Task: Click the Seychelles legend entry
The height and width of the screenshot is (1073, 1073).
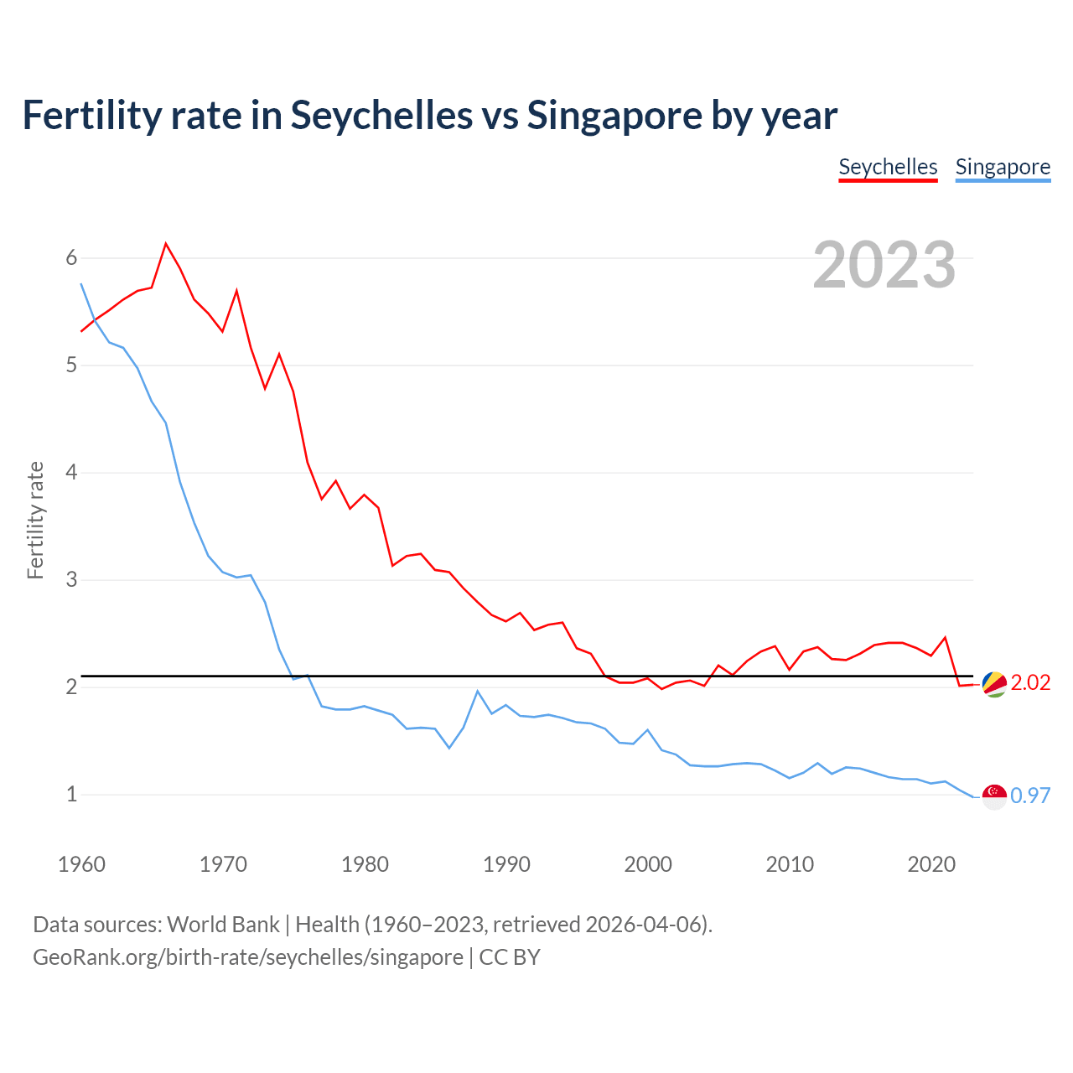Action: [888, 167]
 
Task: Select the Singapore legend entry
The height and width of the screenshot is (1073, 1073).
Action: [1003, 167]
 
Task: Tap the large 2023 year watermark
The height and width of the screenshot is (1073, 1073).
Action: [884, 265]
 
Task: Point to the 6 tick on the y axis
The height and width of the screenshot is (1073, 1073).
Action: [71, 258]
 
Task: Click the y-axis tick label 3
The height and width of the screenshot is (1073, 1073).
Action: [71, 580]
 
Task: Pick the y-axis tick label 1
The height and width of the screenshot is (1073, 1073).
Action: [71, 794]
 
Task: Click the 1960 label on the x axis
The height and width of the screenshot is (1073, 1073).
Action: [81, 864]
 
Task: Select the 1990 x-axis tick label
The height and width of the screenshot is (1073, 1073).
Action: [506, 864]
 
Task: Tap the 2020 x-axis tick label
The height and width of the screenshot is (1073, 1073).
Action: [931, 864]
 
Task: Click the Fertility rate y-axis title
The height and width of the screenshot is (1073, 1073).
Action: [35, 520]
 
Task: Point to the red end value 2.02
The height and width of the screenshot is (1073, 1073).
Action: [1030, 683]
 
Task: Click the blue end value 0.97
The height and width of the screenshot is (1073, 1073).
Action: [1030, 796]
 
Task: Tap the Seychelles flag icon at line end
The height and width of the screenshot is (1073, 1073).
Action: [994, 684]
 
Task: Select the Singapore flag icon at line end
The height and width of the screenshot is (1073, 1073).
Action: [994, 796]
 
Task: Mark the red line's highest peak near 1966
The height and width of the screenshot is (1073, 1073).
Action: [166, 244]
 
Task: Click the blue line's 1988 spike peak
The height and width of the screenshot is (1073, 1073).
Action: [477, 691]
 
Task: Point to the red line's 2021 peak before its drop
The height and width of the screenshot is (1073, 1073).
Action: [945, 637]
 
